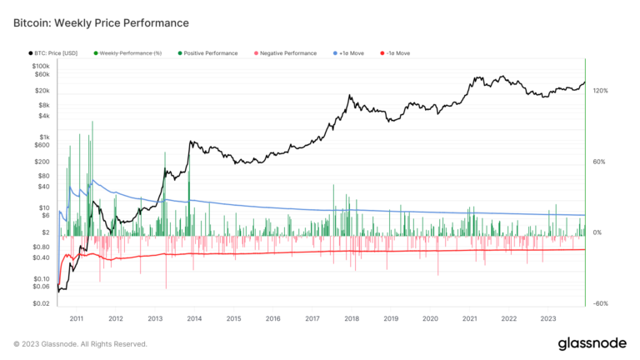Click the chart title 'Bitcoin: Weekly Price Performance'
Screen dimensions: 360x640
[101, 22]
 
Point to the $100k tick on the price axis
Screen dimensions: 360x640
[40, 66]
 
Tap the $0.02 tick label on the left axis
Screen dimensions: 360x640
[41, 303]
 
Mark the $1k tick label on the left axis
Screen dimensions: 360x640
[45, 137]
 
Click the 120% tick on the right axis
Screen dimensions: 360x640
[600, 90]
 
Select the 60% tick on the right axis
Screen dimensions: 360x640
[598, 162]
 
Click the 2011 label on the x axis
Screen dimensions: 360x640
[77, 318]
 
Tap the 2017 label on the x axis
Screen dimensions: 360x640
[312, 318]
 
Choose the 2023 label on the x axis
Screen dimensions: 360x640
[548, 318]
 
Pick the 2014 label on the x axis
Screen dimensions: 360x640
[194, 318]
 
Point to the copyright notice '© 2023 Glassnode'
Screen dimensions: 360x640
[80, 343]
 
